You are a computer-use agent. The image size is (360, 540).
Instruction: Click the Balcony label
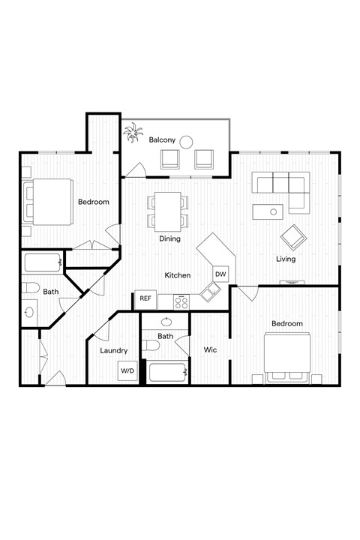click(x=162, y=140)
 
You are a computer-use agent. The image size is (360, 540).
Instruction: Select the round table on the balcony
click(x=186, y=140)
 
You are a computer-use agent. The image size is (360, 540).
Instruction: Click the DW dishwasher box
click(x=220, y=274)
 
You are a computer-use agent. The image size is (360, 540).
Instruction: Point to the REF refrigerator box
click(x=145, y=298)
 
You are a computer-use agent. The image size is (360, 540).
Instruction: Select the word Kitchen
click(x=177, y=275)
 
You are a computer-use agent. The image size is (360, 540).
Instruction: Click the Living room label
click(x=285, y=259)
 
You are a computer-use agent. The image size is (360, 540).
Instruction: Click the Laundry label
click(x=113, y=350)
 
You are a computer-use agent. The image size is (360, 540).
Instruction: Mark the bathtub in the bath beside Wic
click(x=166, y=373)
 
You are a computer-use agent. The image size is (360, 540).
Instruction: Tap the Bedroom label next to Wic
click(x=286, y=323)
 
